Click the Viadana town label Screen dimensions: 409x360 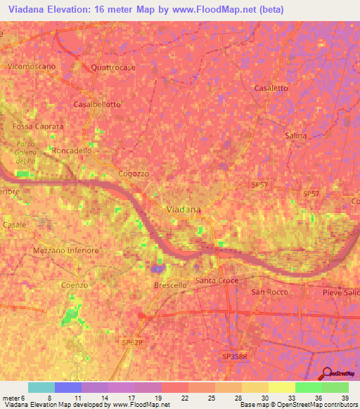tap(182, 209)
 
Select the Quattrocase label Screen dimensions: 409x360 tap(113, 68)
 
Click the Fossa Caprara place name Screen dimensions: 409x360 tap(38, 126)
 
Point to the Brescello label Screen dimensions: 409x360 tap(170, 285)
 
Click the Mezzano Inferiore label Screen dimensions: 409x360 tap(66, 250)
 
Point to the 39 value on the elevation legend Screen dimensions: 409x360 tap(344, 397)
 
